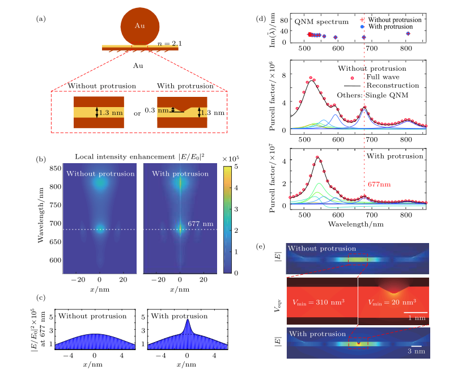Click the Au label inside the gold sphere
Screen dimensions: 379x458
[139, 27]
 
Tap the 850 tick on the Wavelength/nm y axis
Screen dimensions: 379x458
[55, 169]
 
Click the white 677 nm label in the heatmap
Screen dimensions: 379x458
[200, 224]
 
